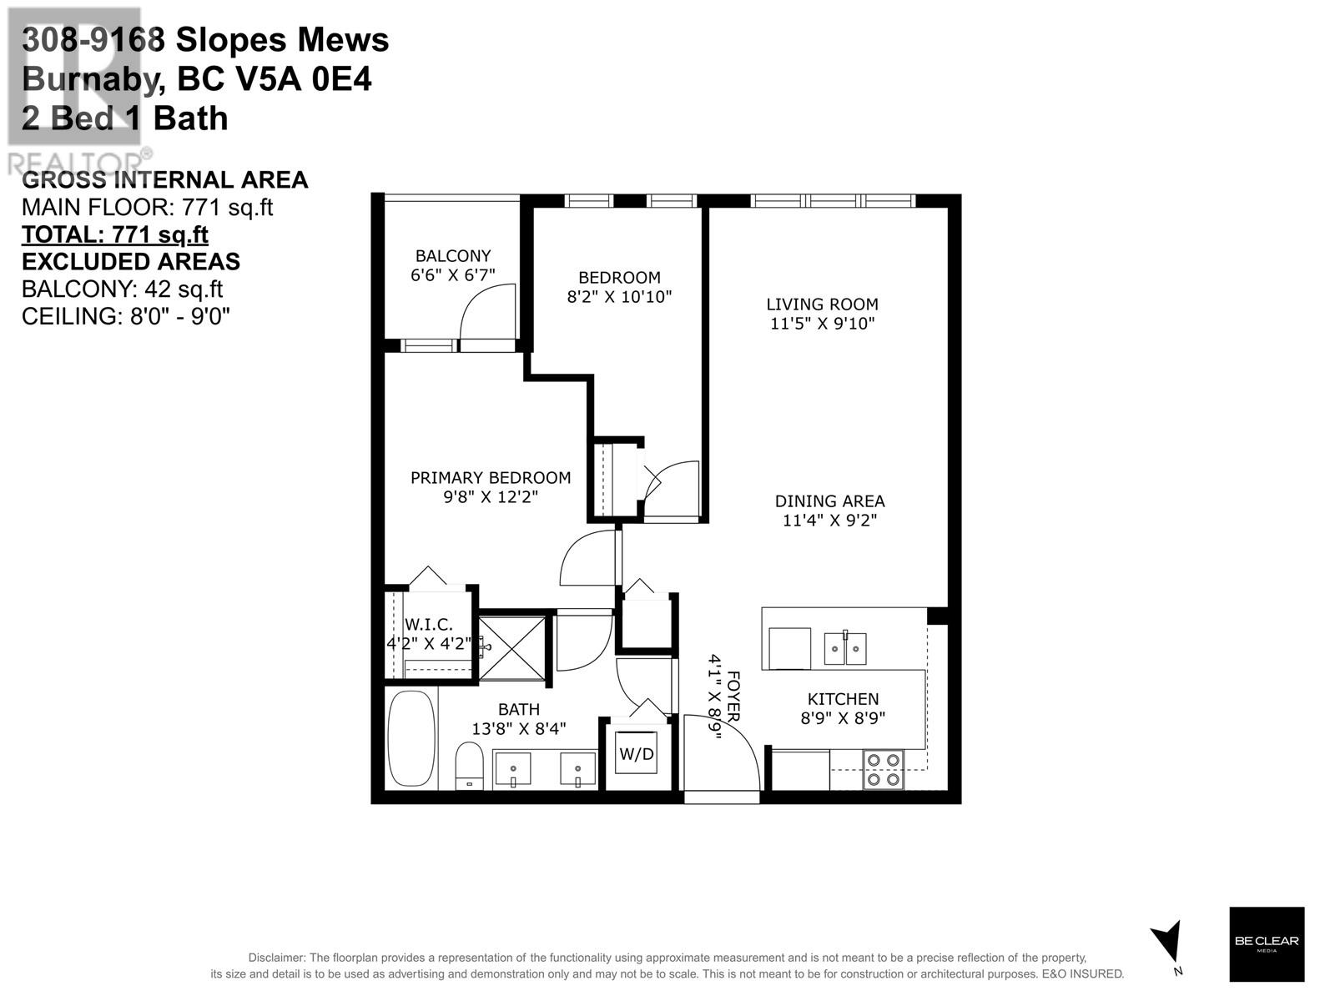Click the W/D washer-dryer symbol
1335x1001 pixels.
pyautogui.click(x=636, y=753)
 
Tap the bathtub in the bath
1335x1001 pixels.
pyautogui.click(x=411, y=738)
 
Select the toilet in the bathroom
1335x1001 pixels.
pyautogui.click(x=469, y=765)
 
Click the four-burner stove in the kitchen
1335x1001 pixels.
pyautogui.click(x=883, y=769)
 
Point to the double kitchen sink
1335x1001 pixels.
pyautogui.click(x=844, y=648)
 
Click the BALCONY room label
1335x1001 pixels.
pyautogui.click(x=452, y=256)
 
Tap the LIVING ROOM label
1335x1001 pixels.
pyautogui.click(x=822, y=304)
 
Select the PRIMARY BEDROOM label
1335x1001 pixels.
pyautogui.click(x=491, y=478)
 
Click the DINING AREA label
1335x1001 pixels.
pyautogui.click(x=829, y=501)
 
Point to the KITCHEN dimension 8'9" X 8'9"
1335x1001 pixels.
pyautogui.click(x=843, y=718)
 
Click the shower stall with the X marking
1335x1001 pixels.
pyautogui.click(x=512, y=649)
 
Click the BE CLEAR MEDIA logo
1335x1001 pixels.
pyautogui.click(x=1267, y=944)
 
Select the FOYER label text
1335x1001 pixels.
pyautogui.click(x=733, y=697)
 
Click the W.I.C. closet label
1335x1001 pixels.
pyautogui.click(x=428, y=624)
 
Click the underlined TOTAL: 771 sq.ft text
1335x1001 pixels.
pyautogui.click(x=115, y=234)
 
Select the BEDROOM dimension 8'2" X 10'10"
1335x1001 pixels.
pyautogui.click(x=619, y=297)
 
